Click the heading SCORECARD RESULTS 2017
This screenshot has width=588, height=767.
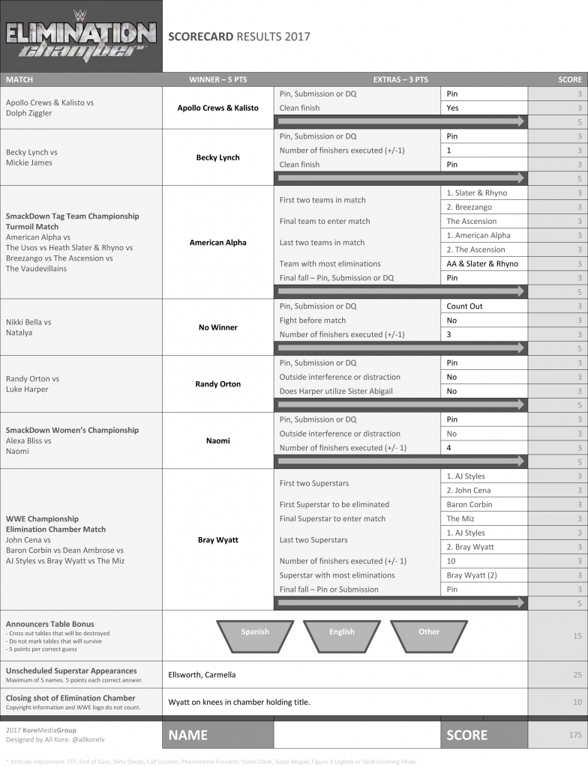point(238,36)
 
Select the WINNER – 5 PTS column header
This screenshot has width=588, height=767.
point(217,79)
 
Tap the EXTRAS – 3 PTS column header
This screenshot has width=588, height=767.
point(400,79)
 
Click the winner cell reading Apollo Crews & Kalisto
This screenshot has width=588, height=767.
point(217,108)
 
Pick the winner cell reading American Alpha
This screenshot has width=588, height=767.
point(217,243)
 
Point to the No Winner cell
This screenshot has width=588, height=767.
point(217,327)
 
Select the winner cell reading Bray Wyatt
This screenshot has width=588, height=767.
point(217,539)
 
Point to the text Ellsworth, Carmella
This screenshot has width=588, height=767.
point(202,675)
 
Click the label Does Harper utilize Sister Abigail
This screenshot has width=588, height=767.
point(337,391)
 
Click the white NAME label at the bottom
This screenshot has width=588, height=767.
point(187,736)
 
